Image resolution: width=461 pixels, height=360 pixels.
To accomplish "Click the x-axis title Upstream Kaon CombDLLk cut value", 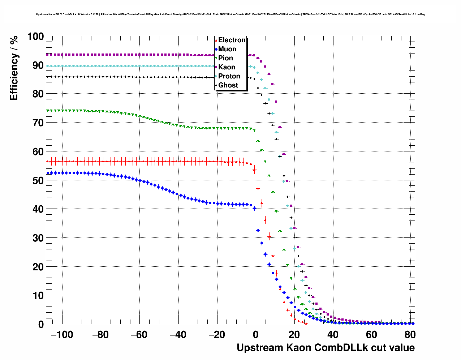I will (x=326, y=348).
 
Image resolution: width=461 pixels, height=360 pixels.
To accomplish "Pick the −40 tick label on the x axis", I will (x=178, y=335).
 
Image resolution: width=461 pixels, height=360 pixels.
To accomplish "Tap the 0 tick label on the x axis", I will (x=256, y=335).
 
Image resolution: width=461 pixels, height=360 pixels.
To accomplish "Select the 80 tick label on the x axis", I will (x=410, y=335).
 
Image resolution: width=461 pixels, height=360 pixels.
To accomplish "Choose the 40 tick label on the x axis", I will (x=333, y=335).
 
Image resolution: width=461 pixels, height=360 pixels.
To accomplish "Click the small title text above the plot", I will (x=231, y=14).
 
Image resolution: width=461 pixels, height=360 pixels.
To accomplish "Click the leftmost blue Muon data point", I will (x=47, y=173).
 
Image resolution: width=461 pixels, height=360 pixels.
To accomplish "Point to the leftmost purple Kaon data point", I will (x=47, y=54).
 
